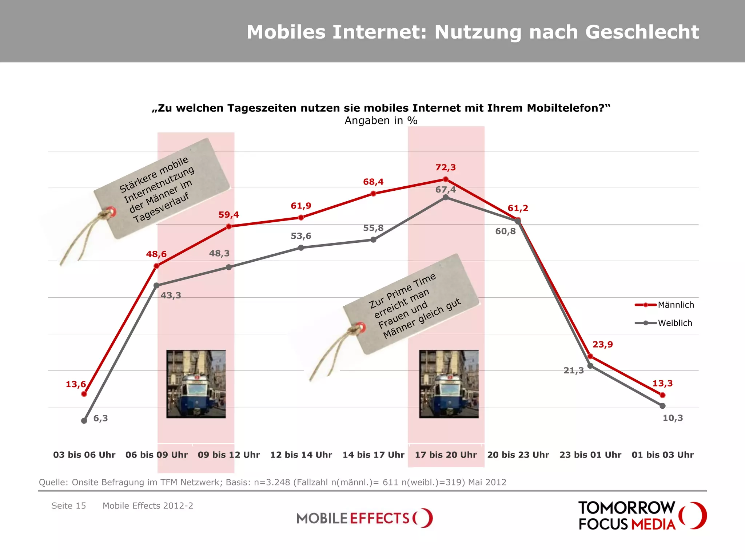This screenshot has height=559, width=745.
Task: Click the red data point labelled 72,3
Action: (446, 179)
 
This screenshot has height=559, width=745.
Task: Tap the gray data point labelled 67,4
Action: (446, 197)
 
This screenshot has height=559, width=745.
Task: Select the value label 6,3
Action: (100, 419)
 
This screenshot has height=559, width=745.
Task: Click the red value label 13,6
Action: (76, 384)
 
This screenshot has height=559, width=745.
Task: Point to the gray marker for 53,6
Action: (301, 248)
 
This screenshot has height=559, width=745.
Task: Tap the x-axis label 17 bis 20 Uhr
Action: (446, 455)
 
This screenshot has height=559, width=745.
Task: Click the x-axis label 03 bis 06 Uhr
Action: (84, 455)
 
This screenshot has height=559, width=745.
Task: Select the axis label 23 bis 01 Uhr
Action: (590, 455)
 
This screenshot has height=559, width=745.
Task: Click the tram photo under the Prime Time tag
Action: (449, 384)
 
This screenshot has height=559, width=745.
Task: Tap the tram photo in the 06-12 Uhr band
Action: (196, 384)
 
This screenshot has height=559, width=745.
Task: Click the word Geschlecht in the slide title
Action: (642, 32)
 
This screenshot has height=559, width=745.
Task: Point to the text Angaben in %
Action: (381, 121)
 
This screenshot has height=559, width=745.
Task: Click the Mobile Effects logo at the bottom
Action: (364, 518)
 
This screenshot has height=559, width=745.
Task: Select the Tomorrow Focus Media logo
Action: (642, 516)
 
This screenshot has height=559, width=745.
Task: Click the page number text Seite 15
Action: (69, 506)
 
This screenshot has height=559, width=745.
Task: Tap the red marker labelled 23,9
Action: (590, 356)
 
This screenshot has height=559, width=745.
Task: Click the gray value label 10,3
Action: (673, 418)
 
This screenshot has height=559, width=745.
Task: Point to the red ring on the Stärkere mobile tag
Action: (111, 212)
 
